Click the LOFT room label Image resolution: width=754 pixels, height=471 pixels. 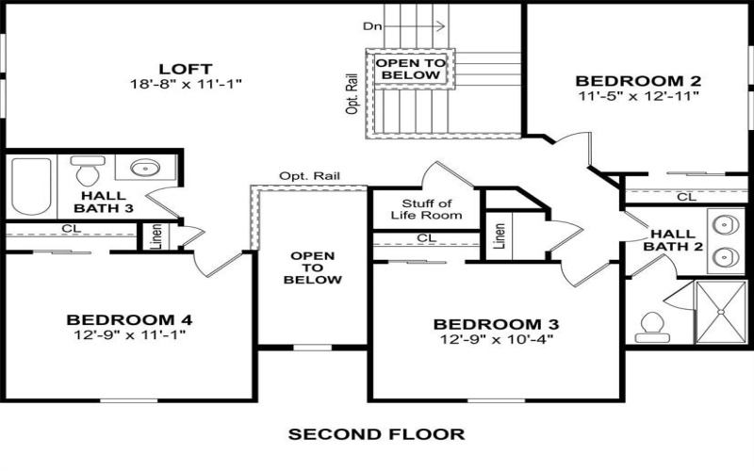[x=185, y=69]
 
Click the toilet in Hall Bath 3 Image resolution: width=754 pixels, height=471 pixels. [x=87, y=172]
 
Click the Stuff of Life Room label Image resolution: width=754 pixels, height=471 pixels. [x=426, y=209]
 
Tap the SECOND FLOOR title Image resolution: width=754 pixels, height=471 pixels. [x=376, y=434]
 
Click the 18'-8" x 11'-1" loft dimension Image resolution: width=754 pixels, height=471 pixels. [x=186, y=84]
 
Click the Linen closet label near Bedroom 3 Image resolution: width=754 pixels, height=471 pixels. [x=499, y=235]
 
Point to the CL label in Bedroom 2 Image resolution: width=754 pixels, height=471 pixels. [x=686, y=197]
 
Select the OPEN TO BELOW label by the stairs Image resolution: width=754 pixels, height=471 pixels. [x=407, y=69]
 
